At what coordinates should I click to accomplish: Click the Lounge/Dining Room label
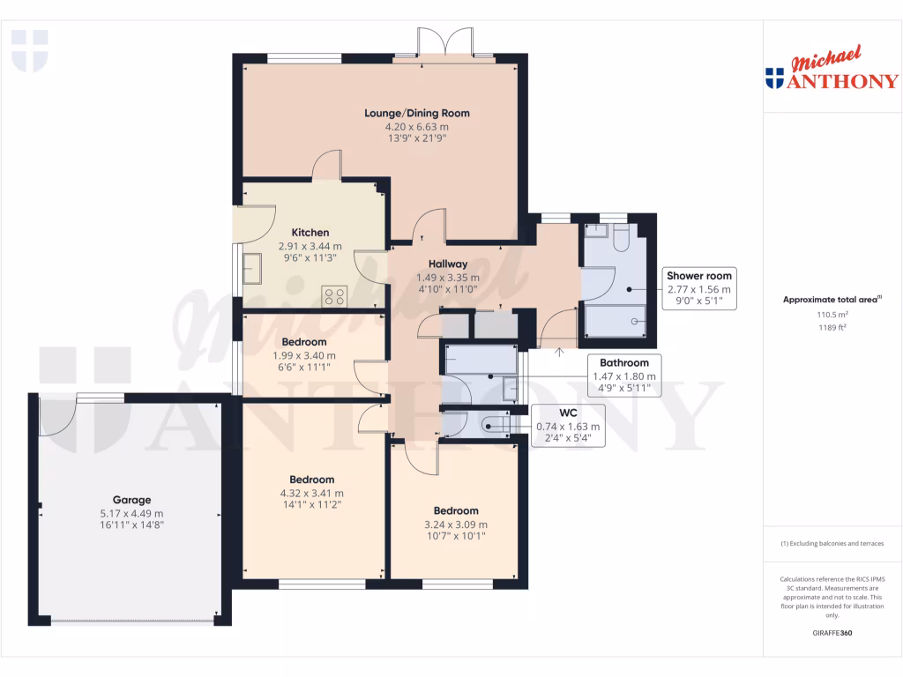point(417,113)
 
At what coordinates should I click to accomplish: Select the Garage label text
point(131,500)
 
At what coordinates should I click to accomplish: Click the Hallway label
point(448,264)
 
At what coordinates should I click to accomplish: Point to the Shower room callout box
point(698,289)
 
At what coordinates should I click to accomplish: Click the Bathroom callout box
point(624,376)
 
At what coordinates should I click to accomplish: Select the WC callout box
point(568,426)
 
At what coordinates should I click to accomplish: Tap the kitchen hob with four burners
point(334,296)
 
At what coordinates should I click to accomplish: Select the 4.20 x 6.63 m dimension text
point(417,126)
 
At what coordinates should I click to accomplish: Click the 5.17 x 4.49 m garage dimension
point(131,513)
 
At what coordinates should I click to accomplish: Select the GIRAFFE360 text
point(832,633)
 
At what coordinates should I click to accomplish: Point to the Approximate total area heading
point(832,300)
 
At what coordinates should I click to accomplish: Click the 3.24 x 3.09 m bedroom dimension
point(456,524)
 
